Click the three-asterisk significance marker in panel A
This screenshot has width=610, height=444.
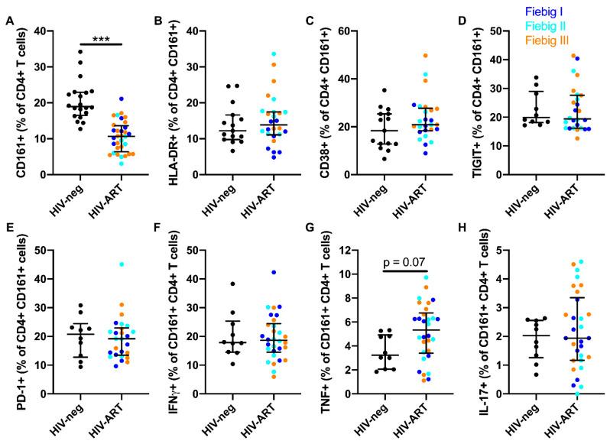click(x=101, y=37)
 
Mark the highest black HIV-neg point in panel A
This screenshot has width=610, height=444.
click(x=71, y=53)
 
